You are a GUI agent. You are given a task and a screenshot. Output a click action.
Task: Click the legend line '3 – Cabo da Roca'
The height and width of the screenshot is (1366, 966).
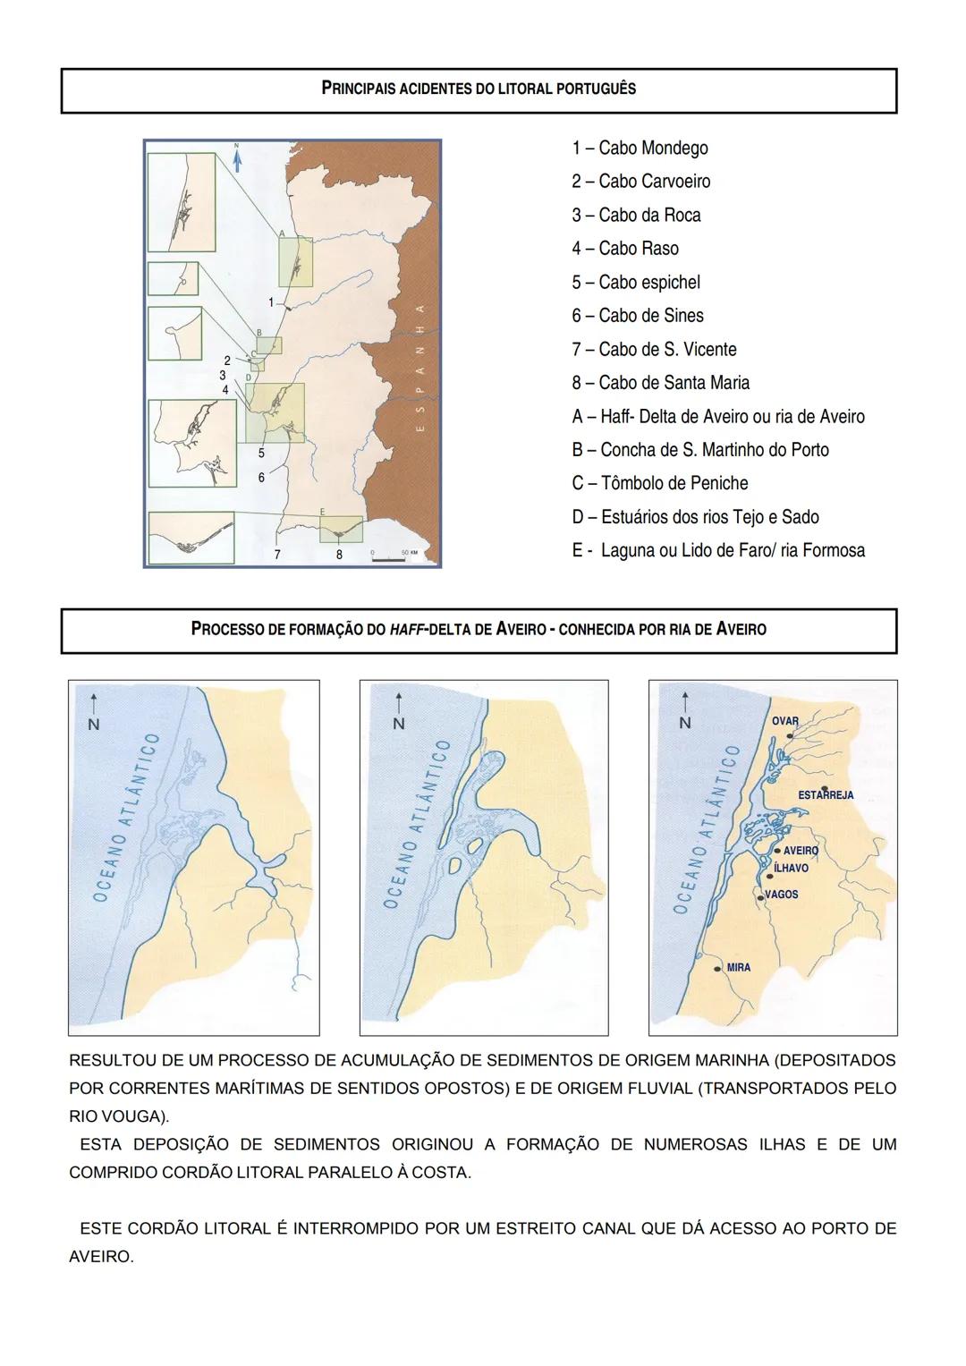pyautogui.click(x=636, y=216)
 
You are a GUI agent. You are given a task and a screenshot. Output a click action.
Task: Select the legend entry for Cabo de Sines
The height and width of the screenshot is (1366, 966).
pyautogui.click(x=637, y=316)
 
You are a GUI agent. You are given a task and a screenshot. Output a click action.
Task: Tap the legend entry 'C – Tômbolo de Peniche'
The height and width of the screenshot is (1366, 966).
pyautogui.click(x=659, y=484)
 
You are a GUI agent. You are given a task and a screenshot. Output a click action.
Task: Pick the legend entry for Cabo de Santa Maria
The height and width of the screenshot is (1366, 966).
pyautogui.click(x=660, y=383)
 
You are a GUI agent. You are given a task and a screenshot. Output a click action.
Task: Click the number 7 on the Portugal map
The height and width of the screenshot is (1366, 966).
pyautogui.click(x=277, y=555)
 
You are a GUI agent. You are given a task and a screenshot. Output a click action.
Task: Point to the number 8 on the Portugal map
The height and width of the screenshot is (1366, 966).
pyautogui.click(x=339, y=555)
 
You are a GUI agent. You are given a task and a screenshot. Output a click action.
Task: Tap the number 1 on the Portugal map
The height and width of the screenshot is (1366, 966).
pyautogui.click(x=271, y=302)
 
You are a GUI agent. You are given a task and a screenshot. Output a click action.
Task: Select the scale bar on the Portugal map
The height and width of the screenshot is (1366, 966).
pyautogui.click(x=389, y=558)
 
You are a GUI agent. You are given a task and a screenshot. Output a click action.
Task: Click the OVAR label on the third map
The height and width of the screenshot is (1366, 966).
pyautogui.click(x=784, y=721)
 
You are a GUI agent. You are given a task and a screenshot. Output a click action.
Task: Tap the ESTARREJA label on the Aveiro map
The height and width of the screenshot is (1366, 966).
pyautogui.click(x=825, y=795)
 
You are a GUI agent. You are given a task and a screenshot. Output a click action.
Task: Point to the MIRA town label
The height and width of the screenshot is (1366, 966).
pyautogui.click(x=738, y=968)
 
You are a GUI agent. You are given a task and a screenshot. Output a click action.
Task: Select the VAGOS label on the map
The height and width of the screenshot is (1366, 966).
pyautogui.click(x=781, y=895)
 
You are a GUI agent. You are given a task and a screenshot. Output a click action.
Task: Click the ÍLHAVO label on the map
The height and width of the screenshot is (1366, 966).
pyautogui.click(x=791, y=869)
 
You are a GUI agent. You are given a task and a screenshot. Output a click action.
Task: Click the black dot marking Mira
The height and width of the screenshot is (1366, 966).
pyautogui.click(x=717, y=968)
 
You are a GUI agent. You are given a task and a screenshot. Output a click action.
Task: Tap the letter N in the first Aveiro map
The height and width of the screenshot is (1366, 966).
pyautogui.click(x=92, y=725)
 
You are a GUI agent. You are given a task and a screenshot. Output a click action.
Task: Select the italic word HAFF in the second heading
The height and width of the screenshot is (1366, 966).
pyautogui.click(x=406, y=629)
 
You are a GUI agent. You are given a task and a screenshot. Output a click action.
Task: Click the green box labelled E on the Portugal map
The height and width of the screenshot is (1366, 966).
pyautogui.click(x=341, y=529)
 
